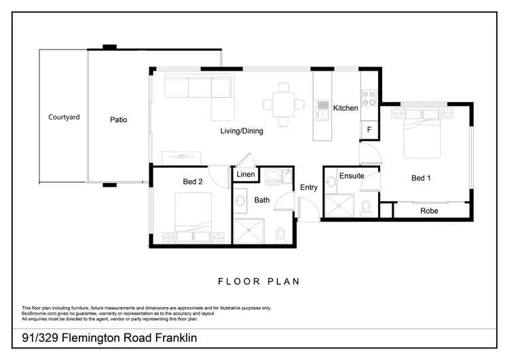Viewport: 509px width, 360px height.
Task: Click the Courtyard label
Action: point(64,118)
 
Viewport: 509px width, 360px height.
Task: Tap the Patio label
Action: point(119,120)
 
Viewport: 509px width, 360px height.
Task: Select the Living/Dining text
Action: point(241,131)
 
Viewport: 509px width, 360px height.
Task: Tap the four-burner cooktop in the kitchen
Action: point(370,98)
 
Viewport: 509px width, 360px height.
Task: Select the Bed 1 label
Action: point(421,178)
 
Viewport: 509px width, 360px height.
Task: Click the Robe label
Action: point(429,211)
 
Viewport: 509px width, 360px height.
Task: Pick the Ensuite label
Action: point(352,176)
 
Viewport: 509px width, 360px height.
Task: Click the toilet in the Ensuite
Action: point(366,207)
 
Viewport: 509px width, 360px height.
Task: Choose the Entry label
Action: point(309,187)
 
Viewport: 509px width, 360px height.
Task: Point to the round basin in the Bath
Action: point(242,202)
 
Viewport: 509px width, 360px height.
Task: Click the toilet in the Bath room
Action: point(280,235)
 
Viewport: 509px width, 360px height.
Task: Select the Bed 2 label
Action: point(193,181)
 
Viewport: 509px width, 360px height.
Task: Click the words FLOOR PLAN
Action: point(259,281)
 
